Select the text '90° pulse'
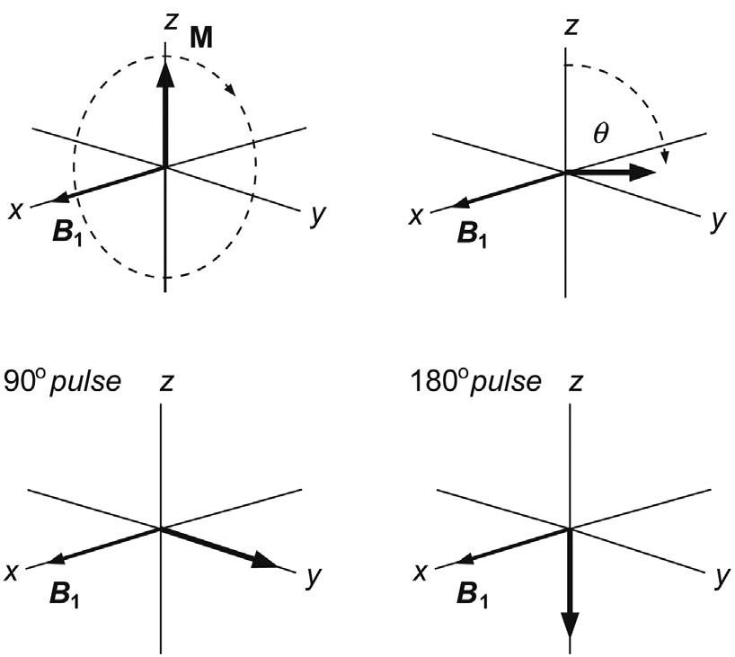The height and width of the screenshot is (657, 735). click(x=63, y=382)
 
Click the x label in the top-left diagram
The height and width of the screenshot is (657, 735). click(x=15, y=210)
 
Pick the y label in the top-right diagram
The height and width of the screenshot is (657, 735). click(x=715, y=221)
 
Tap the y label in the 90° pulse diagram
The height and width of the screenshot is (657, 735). click(x=312, y=576)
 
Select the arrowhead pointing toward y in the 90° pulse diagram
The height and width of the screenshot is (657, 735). click(x=266, y=561)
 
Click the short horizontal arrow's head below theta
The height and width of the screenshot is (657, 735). click(x=644, y=172)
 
